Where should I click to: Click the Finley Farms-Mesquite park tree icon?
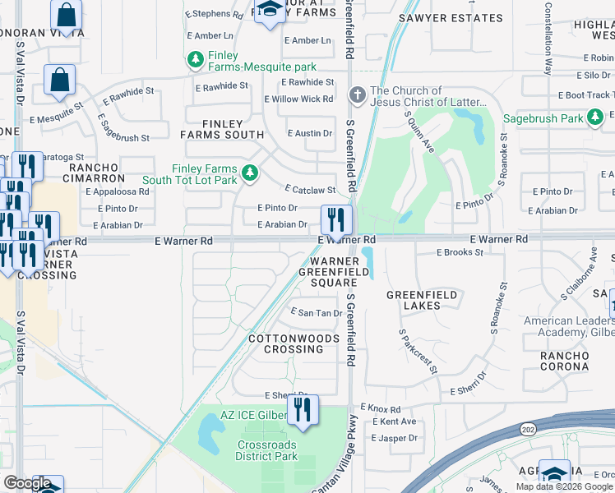(x=195, y=60)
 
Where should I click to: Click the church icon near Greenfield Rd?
(x=357, y=95)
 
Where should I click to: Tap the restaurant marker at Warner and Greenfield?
(x=335, y=219)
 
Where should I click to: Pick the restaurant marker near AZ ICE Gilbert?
(x=303, y=409)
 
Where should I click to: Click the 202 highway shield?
(x=526, y=428)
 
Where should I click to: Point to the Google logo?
(x=26, y=483)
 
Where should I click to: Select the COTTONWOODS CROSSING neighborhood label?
(x=294, y=343)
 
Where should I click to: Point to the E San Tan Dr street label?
(x=317, y=312)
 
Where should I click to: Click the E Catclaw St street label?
(x=309, y=189)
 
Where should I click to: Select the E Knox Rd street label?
(x=379, y=408)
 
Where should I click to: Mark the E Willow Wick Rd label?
(x=298, y=99)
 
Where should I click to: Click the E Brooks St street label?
(x=460, y=252)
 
